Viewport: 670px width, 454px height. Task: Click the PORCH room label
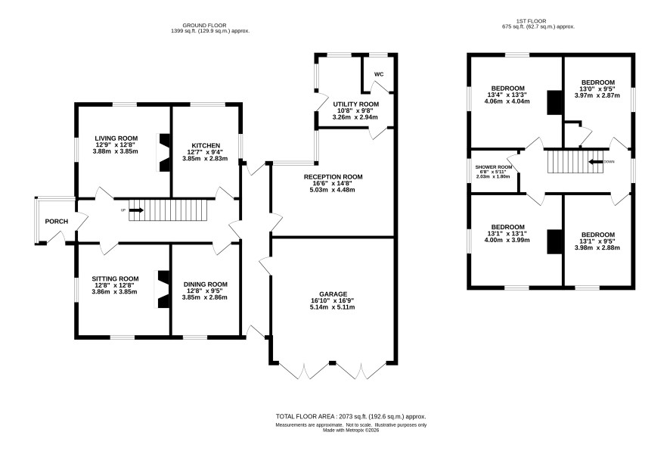click(x=57, y=222)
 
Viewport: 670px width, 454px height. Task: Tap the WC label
click(x=379, y=74)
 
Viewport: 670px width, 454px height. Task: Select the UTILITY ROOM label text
click(x=356, y=104)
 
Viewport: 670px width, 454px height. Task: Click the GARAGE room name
click(x=333, y=294)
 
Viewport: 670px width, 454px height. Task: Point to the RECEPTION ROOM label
click(x=333, y=177)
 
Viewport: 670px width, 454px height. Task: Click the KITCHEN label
click(x=206, y=146)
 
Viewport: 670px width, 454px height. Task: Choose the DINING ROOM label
click(x=206, y=285)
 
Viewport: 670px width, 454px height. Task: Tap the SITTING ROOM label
click(x=116, y=279)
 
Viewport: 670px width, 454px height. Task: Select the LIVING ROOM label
click(x=116, y=138)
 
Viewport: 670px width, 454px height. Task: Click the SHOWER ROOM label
click(x=494, y=167)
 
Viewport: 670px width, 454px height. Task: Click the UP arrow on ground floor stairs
click(x=137, y=210)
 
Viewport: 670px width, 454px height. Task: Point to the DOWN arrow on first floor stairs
click(x=596, y=162)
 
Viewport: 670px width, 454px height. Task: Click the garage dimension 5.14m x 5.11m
click(x=333, y=307)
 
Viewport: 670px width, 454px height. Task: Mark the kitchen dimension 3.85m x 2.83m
click(x=205, y=159)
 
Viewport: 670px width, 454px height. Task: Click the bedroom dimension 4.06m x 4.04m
click(x=507, y=101)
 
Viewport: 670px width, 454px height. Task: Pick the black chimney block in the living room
click(x=165, y=153)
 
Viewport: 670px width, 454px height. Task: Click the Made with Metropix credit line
click(x=351, y=431)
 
